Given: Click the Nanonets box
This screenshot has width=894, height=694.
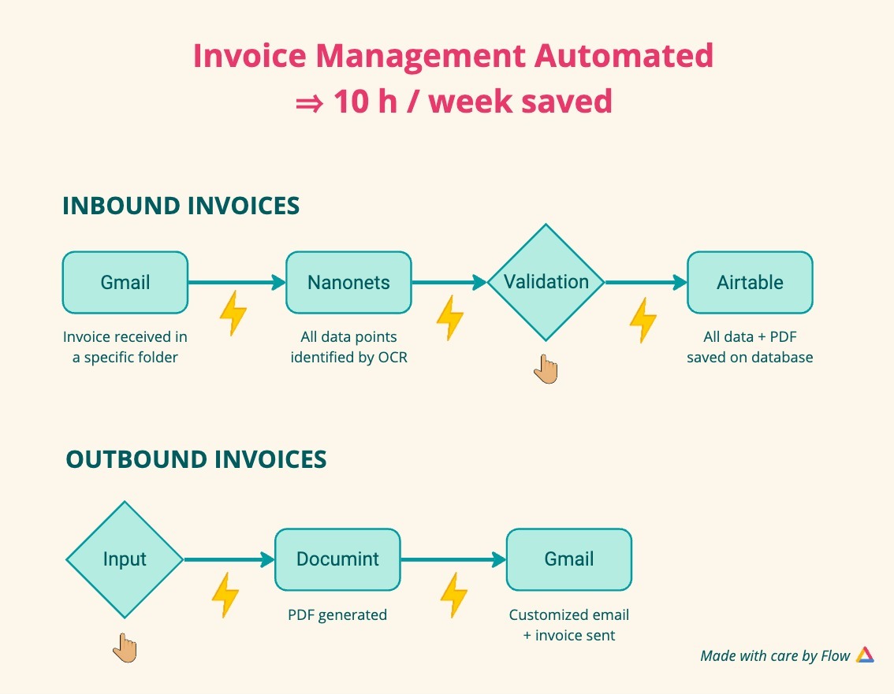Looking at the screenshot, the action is coord(348,283).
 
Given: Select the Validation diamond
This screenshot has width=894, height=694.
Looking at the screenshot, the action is coord(546,283).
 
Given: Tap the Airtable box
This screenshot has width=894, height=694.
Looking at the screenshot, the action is coord(750,283).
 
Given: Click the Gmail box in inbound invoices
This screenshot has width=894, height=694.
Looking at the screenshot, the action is coord(125,283).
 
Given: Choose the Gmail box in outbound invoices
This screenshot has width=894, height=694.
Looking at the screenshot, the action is coord(569,559).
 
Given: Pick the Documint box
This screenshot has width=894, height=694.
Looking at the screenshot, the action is coord(337,559).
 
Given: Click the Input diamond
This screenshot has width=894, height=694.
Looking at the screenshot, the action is coord(125,559).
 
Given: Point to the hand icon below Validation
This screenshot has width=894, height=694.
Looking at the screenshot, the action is coord(546,369).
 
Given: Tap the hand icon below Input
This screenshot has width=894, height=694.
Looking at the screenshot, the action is coord(125,648).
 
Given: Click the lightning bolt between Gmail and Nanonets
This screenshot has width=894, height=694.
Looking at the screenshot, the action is coord(233,313).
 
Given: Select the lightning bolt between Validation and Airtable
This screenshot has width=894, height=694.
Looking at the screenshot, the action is coord(643,320).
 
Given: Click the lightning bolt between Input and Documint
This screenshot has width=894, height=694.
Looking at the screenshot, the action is coord(225,595).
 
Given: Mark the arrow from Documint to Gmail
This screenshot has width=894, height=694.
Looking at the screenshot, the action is coord(453,559).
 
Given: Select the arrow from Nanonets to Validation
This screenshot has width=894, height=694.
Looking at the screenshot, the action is coord(449,282).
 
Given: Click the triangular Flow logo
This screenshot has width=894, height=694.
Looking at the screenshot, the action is coord(865,655).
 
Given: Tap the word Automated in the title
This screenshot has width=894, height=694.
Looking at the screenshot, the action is coord(624,56).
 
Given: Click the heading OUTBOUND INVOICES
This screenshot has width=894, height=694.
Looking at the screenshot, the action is coord(196,459).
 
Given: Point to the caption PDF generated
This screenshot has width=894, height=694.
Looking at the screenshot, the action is coord(337,614).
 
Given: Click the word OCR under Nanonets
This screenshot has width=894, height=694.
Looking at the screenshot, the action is coord(393,358).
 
